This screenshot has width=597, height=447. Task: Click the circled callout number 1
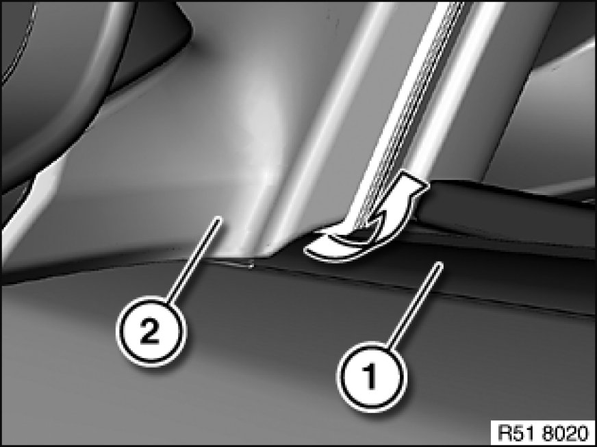click(371, 376)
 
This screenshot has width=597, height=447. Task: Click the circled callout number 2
click(151, 331)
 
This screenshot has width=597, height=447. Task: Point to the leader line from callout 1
click(415, 305)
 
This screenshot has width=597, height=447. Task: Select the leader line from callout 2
click(194, 260)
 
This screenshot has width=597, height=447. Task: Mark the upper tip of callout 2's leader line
click(219, 218)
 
